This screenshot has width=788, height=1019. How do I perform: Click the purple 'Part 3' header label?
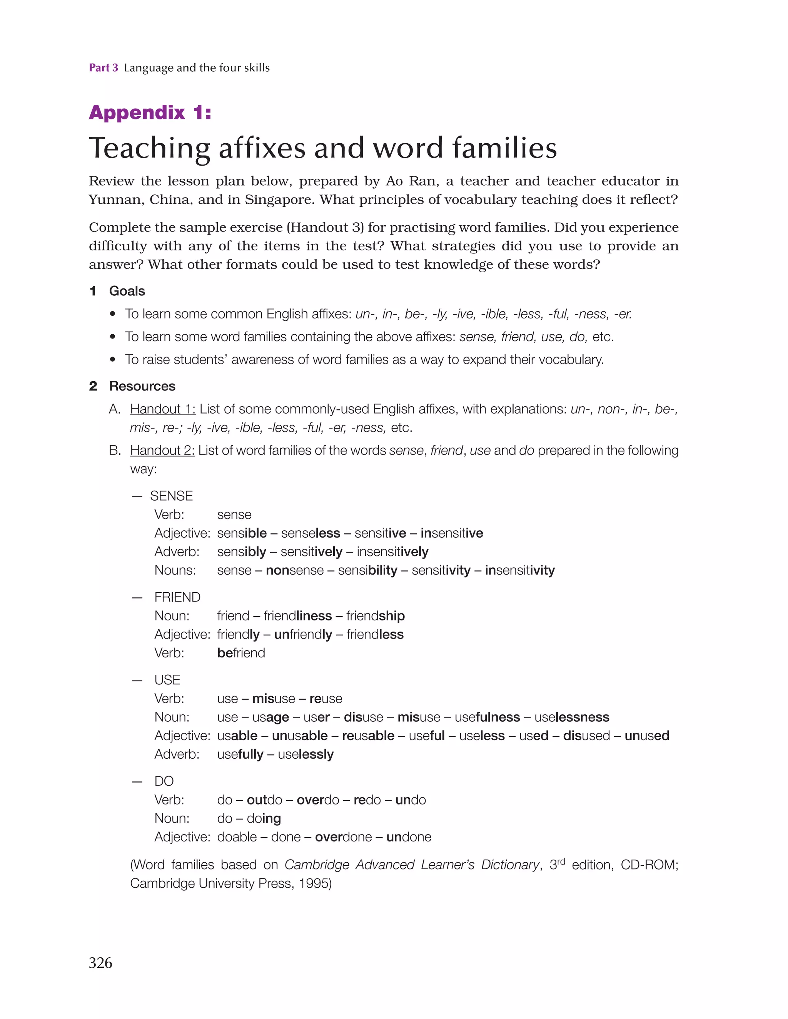tap(104, 68)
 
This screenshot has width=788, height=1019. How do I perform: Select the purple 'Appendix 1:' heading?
tap(150, 112)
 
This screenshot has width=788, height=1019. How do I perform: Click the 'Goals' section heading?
tap(127, 291)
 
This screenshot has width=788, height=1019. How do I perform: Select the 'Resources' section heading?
tap(142, 386)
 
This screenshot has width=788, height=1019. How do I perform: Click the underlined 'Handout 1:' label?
tap(162, 409)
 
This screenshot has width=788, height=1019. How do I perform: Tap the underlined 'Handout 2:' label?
tap(162, 451)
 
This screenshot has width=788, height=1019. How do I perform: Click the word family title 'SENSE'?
tap(171, 496)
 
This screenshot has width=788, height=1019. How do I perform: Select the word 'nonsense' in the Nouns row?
tap(295, 571)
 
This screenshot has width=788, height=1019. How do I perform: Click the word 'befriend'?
tap(241, 653)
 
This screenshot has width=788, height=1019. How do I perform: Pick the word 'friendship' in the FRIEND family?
tap(376, 616)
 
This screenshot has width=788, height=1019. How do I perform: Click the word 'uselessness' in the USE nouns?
tap(572, 717)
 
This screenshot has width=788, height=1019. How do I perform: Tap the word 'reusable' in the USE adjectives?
tap(368, 736)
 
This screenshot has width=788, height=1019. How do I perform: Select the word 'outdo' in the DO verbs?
tap(264, 800)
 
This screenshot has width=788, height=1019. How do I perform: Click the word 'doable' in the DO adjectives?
tap(237, 837)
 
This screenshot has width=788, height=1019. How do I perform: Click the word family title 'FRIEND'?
tap(177, 597)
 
